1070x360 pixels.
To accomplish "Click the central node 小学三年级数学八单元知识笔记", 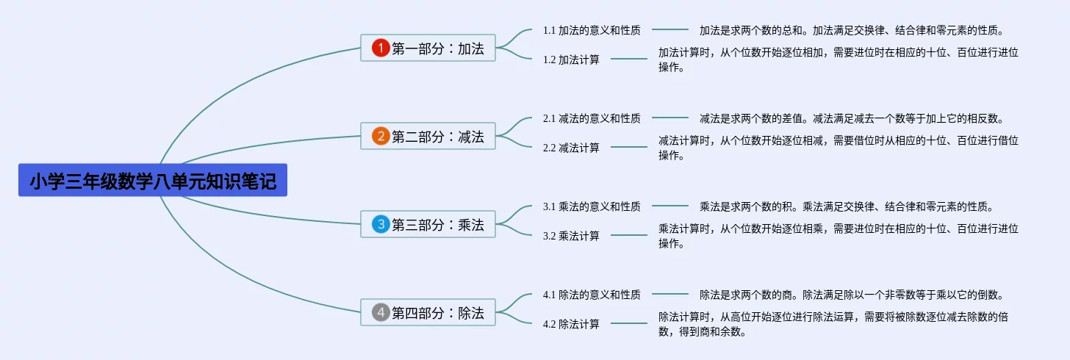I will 153,181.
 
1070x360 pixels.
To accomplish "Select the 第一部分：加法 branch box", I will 428,48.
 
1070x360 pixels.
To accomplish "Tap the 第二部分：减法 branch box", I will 428,137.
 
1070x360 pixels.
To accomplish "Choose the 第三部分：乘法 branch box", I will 428,225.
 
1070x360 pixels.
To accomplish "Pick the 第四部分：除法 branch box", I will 428,313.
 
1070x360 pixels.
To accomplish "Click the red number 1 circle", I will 380,48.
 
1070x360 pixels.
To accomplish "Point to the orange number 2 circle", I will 380,137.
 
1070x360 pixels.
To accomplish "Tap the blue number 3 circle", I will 380,225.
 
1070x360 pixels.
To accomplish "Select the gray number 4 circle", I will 380,313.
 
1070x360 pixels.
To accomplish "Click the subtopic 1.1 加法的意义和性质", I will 592,30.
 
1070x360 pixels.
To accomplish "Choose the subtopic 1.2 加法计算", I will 571,60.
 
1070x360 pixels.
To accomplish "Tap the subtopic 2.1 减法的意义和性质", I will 592,118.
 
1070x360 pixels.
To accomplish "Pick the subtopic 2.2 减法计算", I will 571,148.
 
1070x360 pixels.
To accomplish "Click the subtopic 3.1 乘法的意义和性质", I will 592,206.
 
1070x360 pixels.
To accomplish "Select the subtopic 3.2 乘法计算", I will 571,236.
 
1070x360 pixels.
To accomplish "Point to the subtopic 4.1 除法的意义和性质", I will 592,295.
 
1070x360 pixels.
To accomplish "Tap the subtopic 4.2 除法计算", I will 571,324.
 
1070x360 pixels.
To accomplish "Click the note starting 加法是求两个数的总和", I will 851,30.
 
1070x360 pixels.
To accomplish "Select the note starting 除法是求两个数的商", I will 851,295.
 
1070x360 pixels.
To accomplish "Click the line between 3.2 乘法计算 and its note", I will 629,236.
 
